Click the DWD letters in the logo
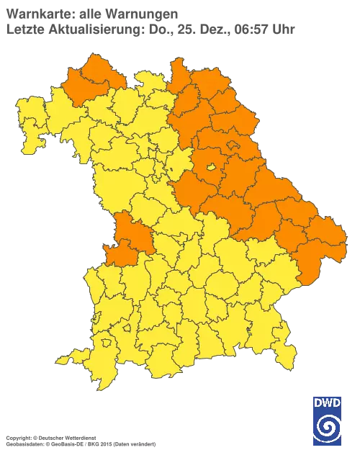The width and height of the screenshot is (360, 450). click(x=327, y=402)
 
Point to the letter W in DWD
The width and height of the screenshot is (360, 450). click(x=327, y=402)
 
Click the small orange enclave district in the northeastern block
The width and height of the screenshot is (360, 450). click(x=235, y=146)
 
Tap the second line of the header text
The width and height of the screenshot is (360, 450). click(x=151, y=29)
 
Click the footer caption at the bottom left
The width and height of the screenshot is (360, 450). click(x=65, y=437)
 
